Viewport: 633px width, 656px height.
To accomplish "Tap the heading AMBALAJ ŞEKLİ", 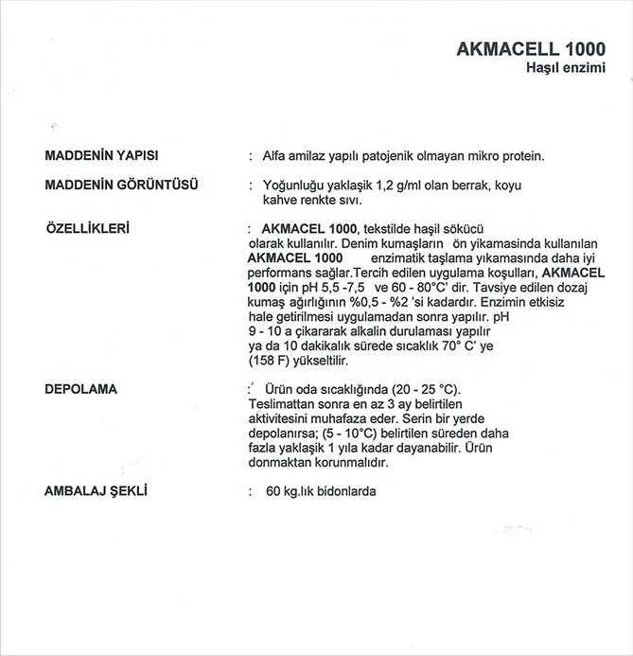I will point(99,492).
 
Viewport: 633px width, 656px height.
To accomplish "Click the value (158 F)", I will point(269,363).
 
